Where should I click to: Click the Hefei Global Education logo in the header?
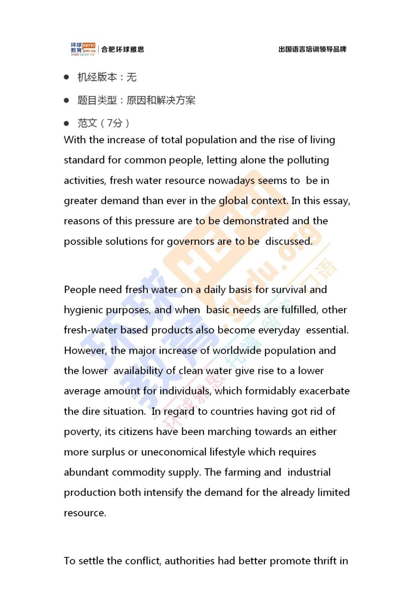(83, 49)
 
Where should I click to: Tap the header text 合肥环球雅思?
(122, 49)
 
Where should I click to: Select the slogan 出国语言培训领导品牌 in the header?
(312, 49)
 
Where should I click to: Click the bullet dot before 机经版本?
(66, 77)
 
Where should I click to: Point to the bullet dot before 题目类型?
(66, 100)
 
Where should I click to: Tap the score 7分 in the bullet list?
(115, 123)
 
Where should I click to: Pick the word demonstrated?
(256, 221)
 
